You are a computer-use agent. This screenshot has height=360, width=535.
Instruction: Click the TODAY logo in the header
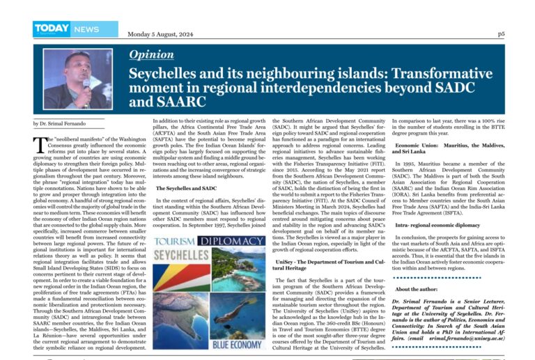52,28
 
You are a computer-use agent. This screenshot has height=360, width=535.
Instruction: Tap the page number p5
501,34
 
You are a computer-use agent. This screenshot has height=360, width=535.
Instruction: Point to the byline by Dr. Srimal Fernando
57,123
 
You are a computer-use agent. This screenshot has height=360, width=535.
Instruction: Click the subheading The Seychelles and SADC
186,188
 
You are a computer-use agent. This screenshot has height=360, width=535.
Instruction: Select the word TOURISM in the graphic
175,242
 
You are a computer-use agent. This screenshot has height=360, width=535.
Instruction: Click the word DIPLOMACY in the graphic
231,242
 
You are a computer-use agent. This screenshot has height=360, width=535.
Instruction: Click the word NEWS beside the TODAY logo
87,29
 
